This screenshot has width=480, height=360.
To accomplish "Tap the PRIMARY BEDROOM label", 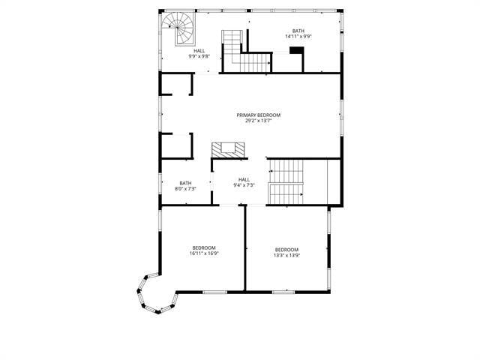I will pyautogui.click(x=258, y=115).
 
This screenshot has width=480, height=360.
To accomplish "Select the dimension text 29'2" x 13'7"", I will pyautogui.click(x=258, y=121).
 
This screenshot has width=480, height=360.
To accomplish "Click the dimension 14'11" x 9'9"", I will pyautogui.click(x=298, y=36).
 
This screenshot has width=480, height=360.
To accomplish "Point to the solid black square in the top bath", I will pyautogui.click(x=296, y=51).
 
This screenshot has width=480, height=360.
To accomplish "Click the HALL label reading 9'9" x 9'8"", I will pyautogui.click(x=199, y=51).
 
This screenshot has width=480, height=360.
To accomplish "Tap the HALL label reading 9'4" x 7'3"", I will pyautogui.click(x=244, y=179).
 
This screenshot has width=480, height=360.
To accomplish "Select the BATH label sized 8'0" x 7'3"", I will pyautogui.click(x=185, y=183).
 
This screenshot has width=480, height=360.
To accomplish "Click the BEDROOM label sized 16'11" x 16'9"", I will pyautogui.click(x=204, y=248).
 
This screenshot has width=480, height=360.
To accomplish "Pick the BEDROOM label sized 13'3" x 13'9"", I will pyautogui.click(x=286, y=250).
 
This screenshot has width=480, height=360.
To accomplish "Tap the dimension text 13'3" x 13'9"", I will pyautogui.click(x=286, y=255).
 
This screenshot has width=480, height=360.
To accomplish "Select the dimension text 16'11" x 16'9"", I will pyautogui.click(x=204, y=253).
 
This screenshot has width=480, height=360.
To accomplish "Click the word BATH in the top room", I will pyautogui.click(x=298, y=31).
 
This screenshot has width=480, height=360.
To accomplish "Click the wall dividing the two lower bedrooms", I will pyautogui.click(x=245, y=247).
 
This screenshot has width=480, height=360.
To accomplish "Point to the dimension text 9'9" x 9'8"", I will pyautogui.click(x=199, y=56).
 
